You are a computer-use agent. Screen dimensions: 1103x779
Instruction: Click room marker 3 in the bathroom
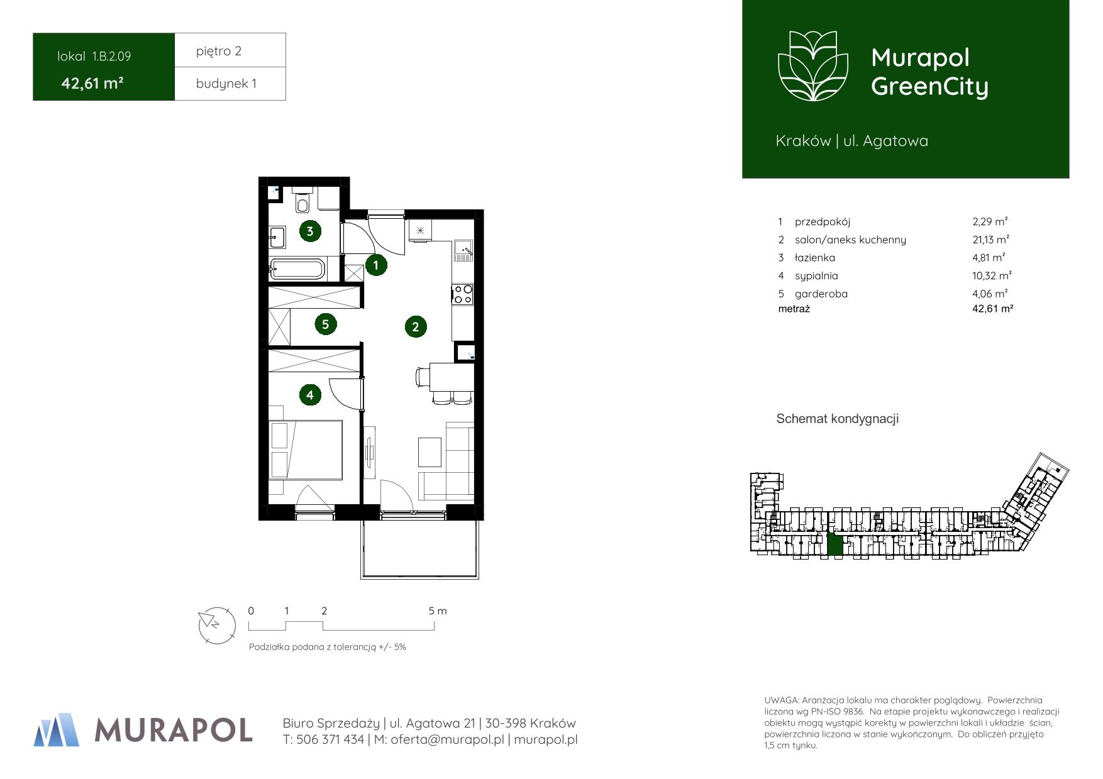coord(309,231)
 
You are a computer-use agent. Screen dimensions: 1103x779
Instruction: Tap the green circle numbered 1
coord(376,265)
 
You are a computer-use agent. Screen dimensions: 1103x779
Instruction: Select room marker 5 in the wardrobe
coord(325,324)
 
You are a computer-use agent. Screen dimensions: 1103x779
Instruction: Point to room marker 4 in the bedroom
coord(309,395)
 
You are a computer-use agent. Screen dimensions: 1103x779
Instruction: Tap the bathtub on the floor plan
coord(297,269)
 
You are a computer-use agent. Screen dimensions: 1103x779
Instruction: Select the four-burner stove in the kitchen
coord(463,294)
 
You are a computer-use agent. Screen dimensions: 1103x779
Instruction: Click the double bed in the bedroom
coord(306,450)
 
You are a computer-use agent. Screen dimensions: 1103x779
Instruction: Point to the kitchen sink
coord(463,251)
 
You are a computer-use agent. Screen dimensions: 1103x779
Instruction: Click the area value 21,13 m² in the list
coord(990,240)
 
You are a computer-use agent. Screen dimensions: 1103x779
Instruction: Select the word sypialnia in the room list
coord(816,276)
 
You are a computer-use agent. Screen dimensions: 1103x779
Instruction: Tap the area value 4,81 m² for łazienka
coord(989,258)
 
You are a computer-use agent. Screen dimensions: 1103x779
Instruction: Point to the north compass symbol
coord(216,625)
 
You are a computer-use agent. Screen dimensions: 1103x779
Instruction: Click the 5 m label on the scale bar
coord(438,611)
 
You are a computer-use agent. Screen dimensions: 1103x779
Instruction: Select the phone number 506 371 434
coord(330,740)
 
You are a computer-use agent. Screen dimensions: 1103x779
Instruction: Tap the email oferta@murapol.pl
coord(447,740)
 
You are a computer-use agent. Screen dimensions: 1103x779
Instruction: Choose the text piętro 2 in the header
coord(219,51)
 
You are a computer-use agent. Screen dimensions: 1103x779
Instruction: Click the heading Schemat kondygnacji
coord(838,419)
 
